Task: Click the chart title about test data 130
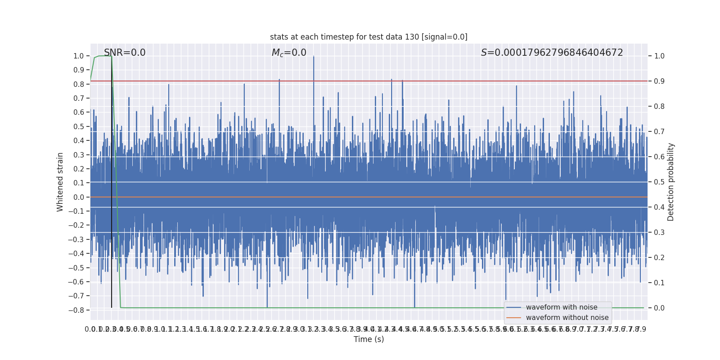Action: (369, 37)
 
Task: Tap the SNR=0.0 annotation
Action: (125, 53)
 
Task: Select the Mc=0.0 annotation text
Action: (289, 53)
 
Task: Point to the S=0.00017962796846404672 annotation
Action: (552, 53)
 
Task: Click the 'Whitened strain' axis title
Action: (60, 182)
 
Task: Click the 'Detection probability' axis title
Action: (670, 182)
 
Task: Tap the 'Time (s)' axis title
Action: (369, 339)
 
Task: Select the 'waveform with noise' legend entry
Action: (561, 307)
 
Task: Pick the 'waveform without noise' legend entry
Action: (567, 318)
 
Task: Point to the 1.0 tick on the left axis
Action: (79, 56)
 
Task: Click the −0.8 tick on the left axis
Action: (76, 310)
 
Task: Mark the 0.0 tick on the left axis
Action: (79, 197)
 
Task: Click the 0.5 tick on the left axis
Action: (79, 126)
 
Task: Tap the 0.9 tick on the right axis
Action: (659, 81)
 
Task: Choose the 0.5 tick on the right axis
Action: (659, 182)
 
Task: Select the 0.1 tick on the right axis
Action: (659, 283)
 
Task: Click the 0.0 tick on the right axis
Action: (659, 308)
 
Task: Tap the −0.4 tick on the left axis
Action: (76, 253)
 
